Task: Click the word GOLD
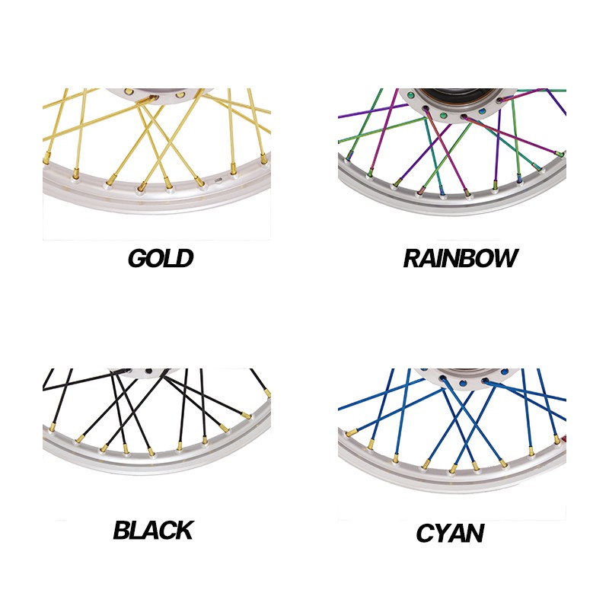pos(161,258)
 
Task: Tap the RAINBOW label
pos(461,258)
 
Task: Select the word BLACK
pos(154,530)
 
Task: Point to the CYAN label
pos(450,533)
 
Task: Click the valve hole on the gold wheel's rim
pos(218,180)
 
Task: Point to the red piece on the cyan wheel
pos(563,439)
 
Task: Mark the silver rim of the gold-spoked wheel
pos(155,197)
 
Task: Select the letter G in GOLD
pos(137,258)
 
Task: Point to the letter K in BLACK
pos(183,530)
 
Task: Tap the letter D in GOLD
pos(184,258)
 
